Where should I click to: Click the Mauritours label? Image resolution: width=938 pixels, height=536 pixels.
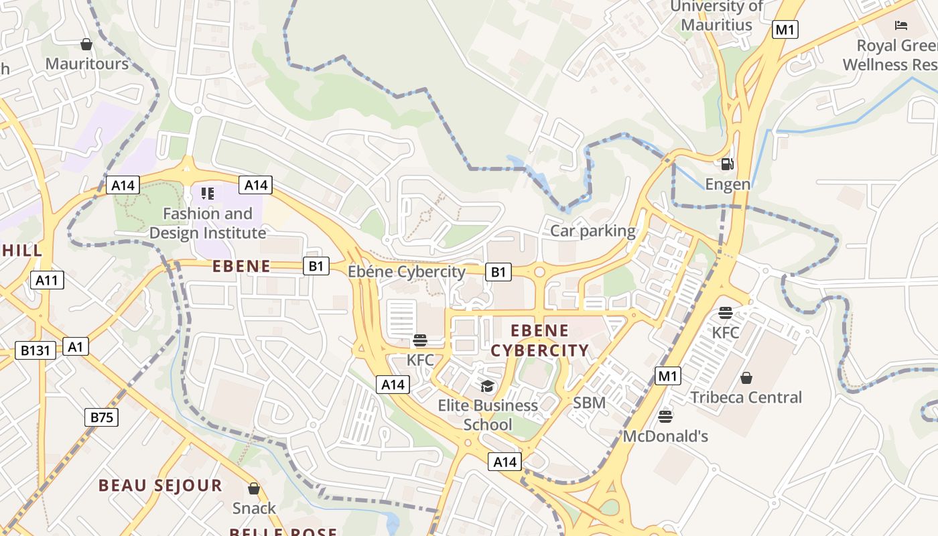(x=86, y=64)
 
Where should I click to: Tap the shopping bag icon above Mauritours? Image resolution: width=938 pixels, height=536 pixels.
(x=86, y=44)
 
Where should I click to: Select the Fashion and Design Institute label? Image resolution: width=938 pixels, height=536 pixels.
(x=208, y=223)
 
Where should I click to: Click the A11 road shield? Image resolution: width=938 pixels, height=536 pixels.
(x=47, y=280)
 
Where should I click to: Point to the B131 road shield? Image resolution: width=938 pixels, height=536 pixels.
(x=36, y=350)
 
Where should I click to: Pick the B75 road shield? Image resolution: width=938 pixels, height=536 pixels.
(x=102, y=417)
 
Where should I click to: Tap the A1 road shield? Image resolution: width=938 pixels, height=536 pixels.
(x=76, y=346)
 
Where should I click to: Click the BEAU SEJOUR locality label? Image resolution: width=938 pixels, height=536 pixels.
(x=160, y=485)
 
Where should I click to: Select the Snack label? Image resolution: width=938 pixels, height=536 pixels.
(x=254, y=508)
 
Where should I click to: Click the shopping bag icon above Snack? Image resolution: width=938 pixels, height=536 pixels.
(x=254, y=488)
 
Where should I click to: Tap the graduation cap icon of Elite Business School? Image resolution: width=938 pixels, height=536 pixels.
(x=487, y=386)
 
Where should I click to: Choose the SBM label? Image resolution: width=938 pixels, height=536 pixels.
(x=590, y=403)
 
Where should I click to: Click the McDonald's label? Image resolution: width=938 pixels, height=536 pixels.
(x=665, y=436)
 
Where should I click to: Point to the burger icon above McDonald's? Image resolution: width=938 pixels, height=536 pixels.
(x=665, y=417)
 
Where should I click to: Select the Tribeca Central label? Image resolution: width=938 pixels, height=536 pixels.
(x=746, y=397)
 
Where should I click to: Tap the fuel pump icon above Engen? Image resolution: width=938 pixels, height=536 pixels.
(x=727, y=164)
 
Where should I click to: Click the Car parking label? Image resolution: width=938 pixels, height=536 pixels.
(x=593, y=231)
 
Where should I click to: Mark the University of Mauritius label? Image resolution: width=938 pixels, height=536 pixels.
(x=716, y=16)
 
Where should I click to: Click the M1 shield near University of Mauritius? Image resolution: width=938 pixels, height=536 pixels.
(x=785, y=29)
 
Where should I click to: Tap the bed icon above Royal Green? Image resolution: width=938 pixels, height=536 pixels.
(x=901, y=26)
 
